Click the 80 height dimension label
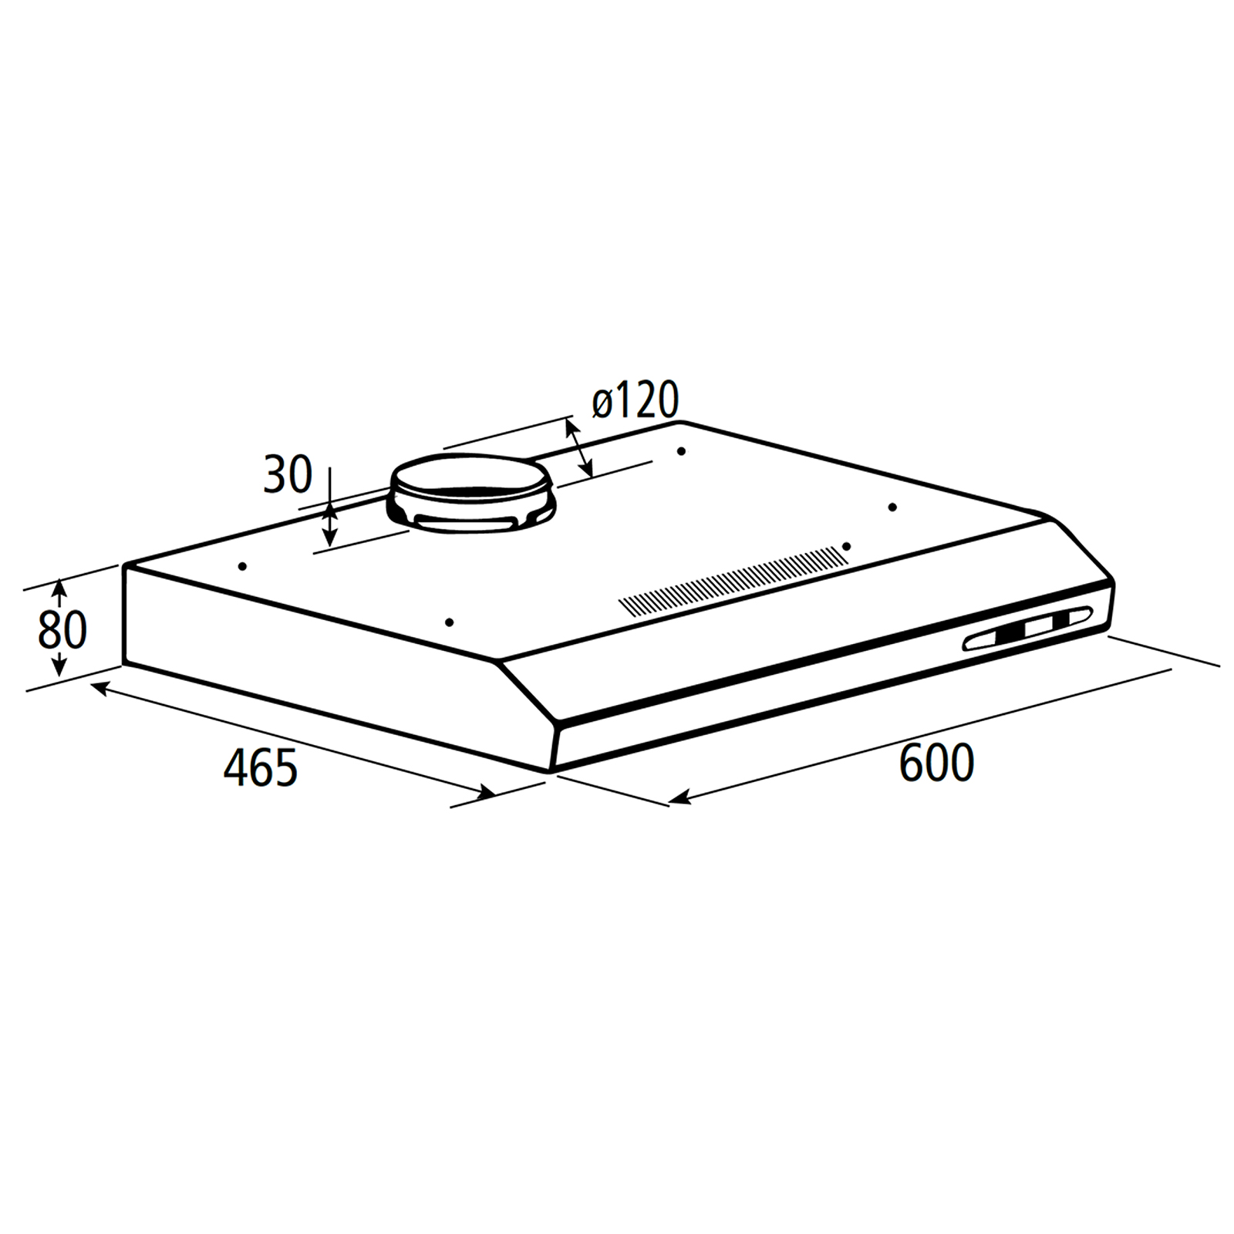(62, 630)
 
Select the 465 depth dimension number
(261, 767)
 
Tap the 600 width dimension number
(936, 762)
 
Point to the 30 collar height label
(288, 474)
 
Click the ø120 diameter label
(636, 400)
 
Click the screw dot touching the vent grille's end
(846, 546)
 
